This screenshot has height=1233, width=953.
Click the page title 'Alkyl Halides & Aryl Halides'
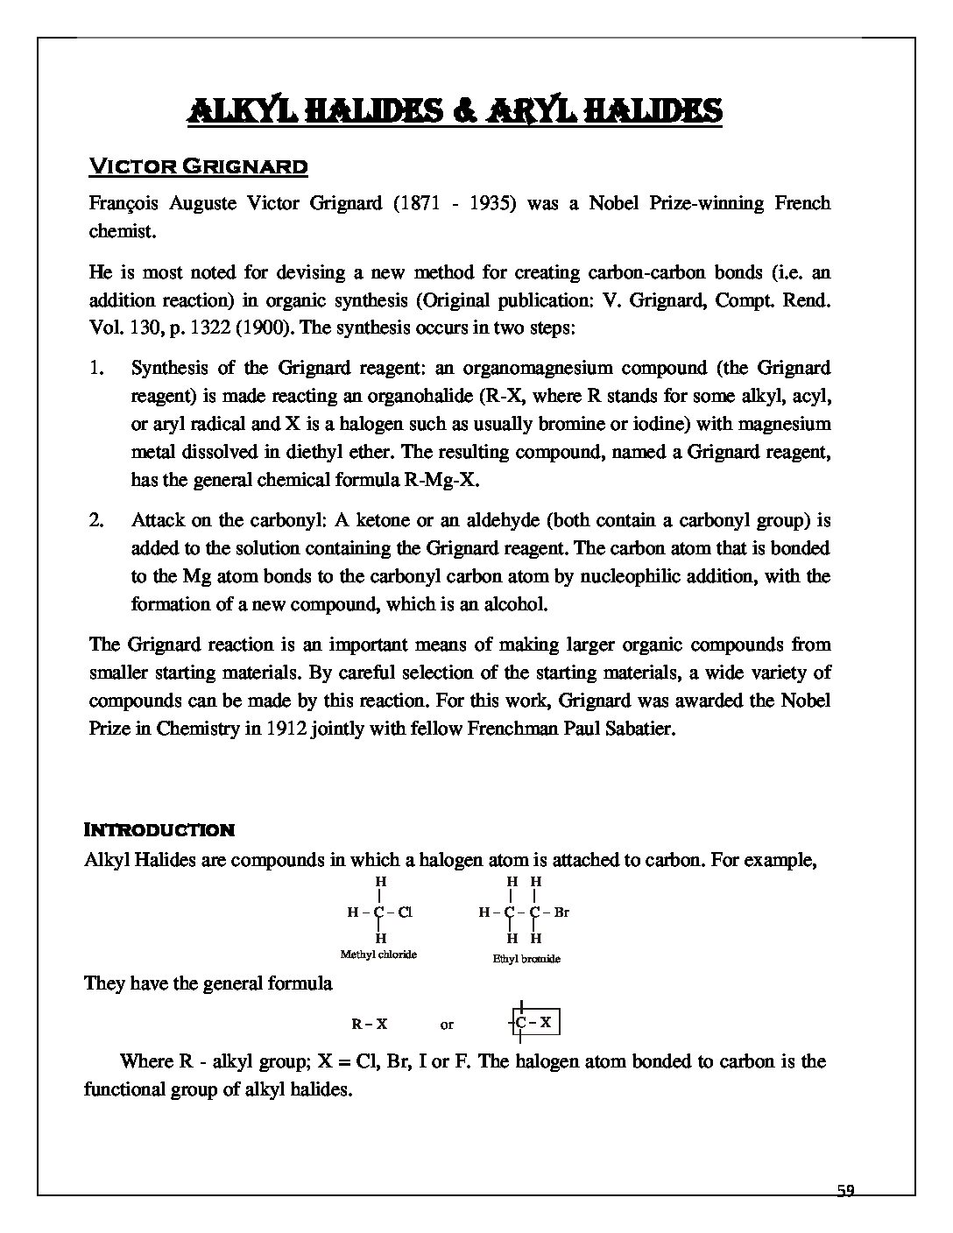(455, 111)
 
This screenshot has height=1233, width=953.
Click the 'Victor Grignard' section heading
(198, 166)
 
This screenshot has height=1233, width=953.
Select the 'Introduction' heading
(159, 829)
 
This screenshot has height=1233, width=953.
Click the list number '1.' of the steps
(97, 368)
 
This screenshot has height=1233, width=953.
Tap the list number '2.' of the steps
(97, 520)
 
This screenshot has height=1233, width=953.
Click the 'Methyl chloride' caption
(378, 954)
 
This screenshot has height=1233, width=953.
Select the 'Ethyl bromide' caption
(526, 959)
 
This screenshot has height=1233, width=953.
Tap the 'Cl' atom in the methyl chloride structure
(405, 912)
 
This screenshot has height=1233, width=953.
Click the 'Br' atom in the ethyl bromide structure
(561, 912)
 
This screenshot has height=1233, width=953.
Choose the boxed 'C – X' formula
(533, 1022)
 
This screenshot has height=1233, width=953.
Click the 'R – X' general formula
(370, 1023)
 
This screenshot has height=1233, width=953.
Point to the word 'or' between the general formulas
(448, 1024)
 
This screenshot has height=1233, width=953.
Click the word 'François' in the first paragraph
(120, 204)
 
